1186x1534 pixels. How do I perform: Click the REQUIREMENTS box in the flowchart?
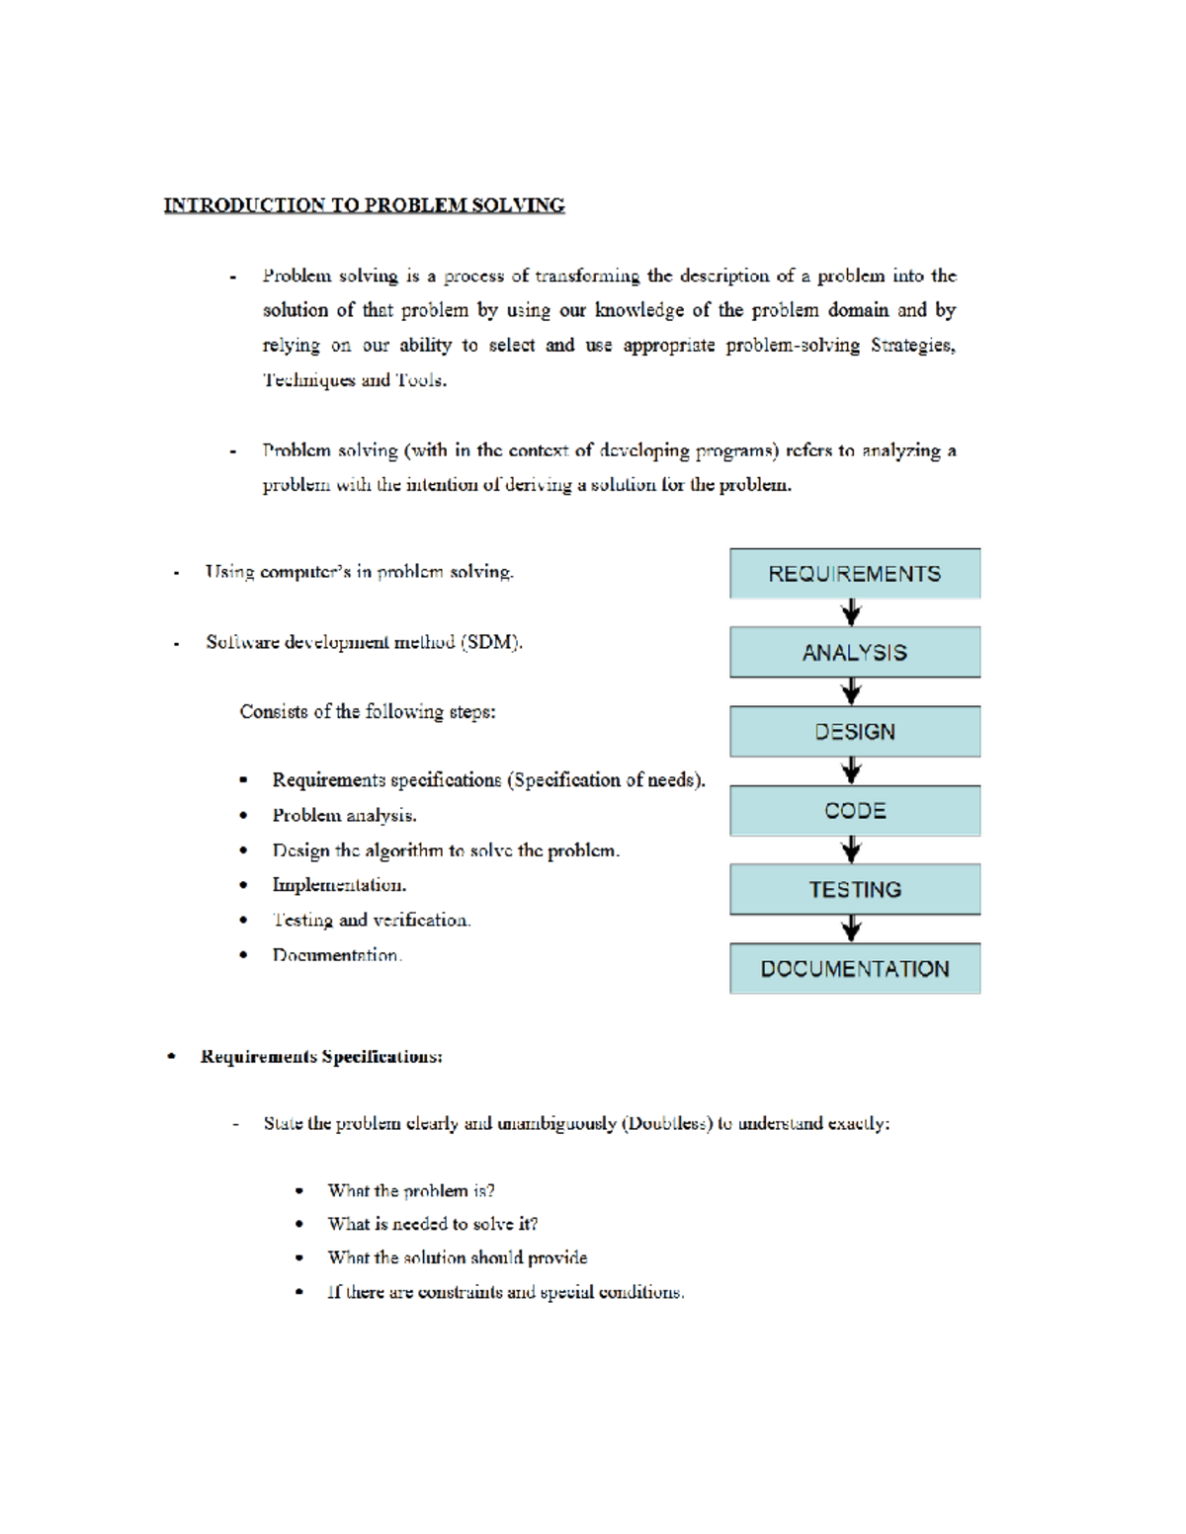coord(855,574)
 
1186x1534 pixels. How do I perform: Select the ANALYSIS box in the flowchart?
coord(855,653)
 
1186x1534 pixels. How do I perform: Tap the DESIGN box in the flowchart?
coord(855,732)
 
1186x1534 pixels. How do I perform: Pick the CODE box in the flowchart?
coord(855,811)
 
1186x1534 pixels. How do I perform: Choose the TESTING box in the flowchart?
coord(855,890)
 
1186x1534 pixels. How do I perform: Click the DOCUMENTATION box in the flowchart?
coord(855,969)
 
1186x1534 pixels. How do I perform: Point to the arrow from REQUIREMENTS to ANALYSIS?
coord(851,613)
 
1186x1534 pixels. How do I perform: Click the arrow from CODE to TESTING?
coord(851,849)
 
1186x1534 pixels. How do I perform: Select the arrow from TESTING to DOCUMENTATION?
coord(851,928)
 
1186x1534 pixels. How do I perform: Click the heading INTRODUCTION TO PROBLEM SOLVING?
coord(364,205)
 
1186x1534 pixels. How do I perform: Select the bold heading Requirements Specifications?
coord(321,1057)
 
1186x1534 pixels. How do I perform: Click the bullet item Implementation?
coord(339,885)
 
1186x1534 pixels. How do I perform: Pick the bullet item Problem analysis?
coord(344,815)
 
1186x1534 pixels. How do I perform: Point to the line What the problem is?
coord(411,1190)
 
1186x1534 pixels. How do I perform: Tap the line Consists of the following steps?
coord(368,711)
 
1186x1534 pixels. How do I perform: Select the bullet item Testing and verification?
coord(372,920)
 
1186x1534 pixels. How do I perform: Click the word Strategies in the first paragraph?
coord(911,345)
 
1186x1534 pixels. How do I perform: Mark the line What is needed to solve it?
coord(433,1224)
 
